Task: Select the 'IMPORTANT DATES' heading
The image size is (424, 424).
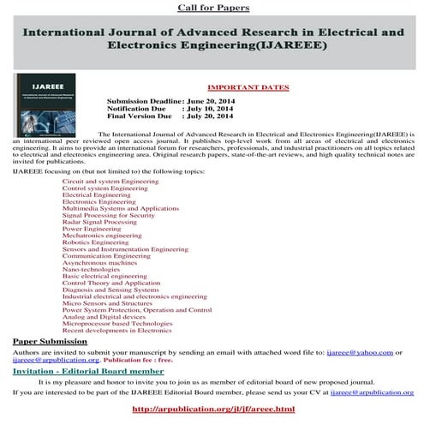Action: tap(248, 87)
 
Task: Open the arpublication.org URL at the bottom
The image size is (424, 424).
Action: tap(214, 409)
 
